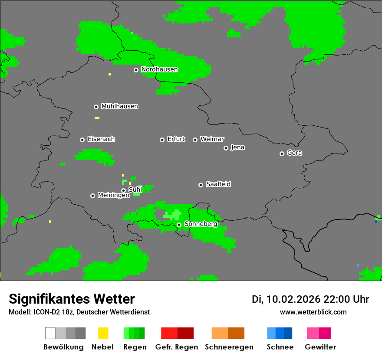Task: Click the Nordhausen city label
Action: point(159,69)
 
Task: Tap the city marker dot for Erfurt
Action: point(162,140)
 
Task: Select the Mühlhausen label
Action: point(119,106)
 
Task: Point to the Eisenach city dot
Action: point(82,140)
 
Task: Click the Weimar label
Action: point(212,139)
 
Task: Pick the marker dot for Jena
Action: point(226,148)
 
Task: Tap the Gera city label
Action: point(294,153)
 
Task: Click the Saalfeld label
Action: point(218,184)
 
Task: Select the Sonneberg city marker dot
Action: point(179,225)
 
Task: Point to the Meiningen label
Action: point(113,196)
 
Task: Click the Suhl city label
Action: point(135,190)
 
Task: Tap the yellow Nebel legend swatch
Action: point(103,333)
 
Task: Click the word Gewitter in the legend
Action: point(320,347)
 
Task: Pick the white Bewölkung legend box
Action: point(50,333)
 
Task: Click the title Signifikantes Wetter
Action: point(72,299)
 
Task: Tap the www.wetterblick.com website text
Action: point(313,312)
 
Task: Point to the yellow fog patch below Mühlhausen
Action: point(97,118)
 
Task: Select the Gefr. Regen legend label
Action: point(176,347)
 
